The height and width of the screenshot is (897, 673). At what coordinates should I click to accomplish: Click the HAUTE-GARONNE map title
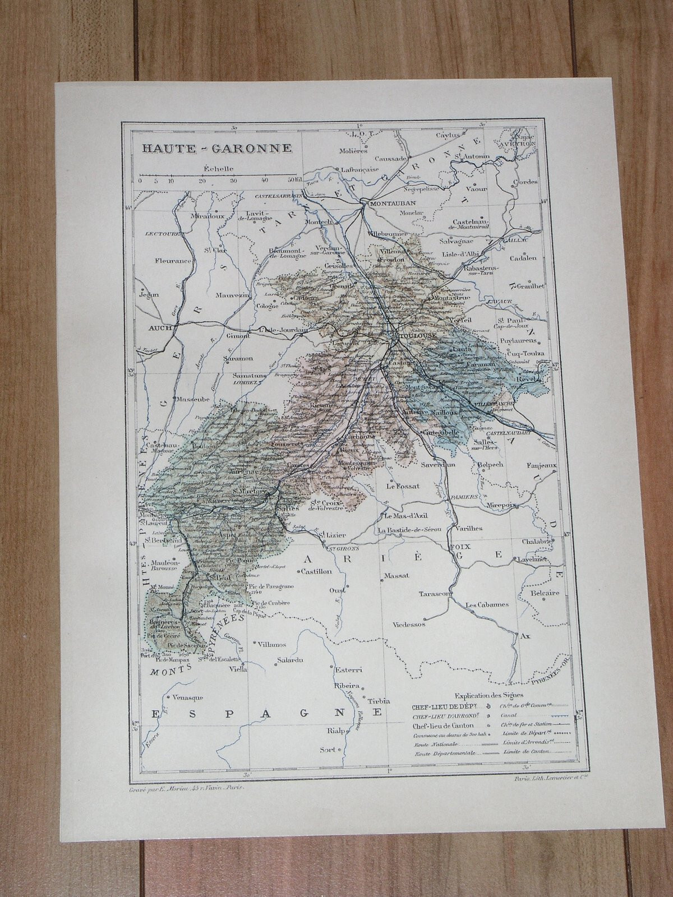point(216,149)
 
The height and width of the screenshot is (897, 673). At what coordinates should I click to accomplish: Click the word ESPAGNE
point(267,713)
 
